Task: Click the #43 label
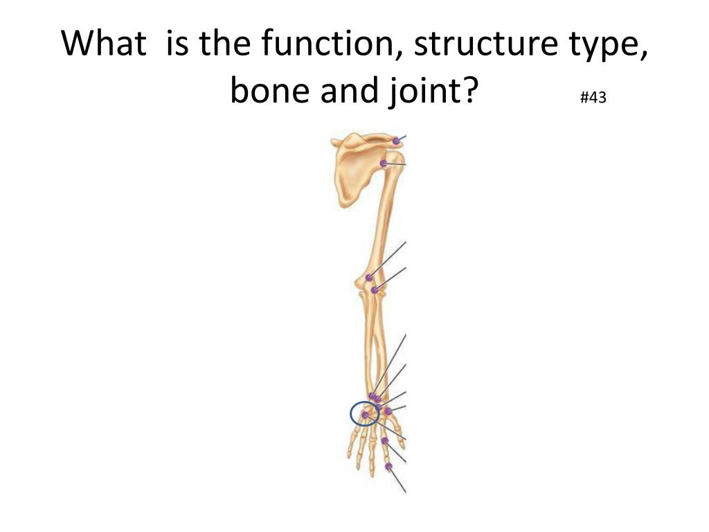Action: (x=593, y=98)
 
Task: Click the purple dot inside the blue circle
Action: (x=365, y=414)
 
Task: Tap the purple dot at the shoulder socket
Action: (x=384, y=163)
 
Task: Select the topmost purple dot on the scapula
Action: (x=395, y=141)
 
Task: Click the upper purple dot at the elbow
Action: (x=369, y=278)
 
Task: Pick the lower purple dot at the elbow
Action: (x=375, y=290)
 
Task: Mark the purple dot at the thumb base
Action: (x=388, y=411)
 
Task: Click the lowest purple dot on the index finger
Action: (x=389, y=466)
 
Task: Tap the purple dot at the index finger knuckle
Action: (x=384, y=441)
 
